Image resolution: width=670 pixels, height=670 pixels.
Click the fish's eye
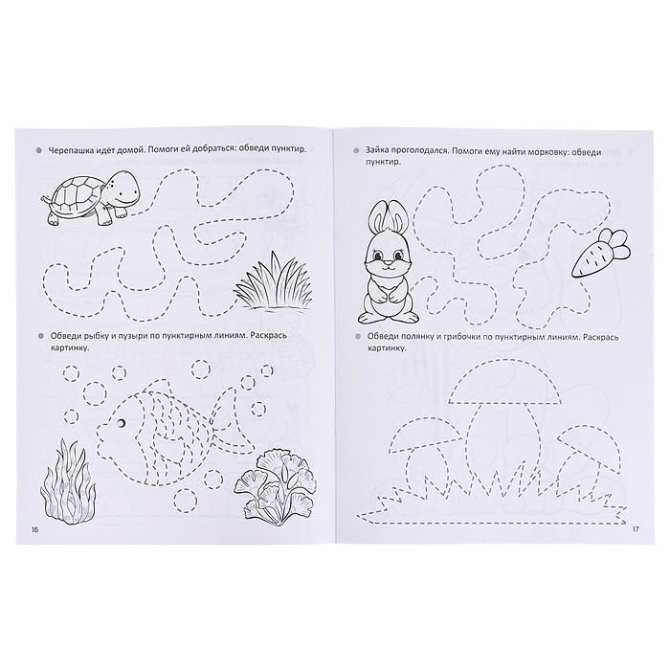click(122, 422)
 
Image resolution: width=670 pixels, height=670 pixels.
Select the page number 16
click(33, 530)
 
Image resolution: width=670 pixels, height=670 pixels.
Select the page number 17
click(635, 530)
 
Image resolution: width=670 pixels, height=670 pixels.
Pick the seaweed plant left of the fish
click(68, 477)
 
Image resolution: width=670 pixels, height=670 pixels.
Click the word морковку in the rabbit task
click(542, 151)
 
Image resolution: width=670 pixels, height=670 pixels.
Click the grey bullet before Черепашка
click(40, 150)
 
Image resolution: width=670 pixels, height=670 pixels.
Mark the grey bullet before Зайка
click(356, 151)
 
